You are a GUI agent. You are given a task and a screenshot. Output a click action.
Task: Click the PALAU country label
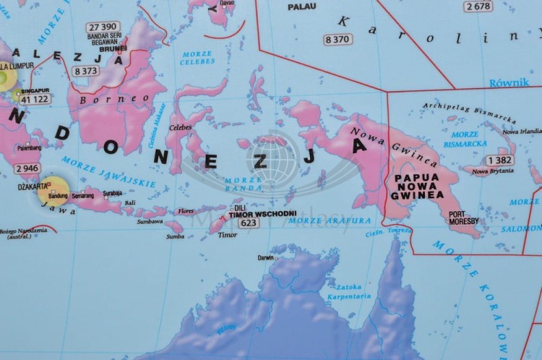click(x=302, y=7)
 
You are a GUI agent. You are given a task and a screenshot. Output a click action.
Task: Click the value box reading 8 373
click(x=85, y=71)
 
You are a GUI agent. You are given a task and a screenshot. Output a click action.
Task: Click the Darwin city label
click(x=266, y=257)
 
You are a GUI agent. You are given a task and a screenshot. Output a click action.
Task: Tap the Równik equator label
click(x=509, y=82)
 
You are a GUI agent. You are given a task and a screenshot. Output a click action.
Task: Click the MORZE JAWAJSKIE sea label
click(x=108, y=172)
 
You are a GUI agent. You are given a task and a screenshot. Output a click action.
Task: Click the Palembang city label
click(x=30, y=147)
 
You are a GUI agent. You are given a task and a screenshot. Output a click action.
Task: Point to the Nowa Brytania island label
click(x=493, y=171)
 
